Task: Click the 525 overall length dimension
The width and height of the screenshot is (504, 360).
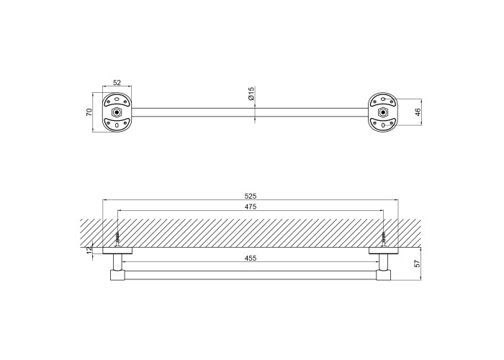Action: click(x=251, y=196)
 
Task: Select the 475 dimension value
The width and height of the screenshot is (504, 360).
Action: click(x=251, y=207)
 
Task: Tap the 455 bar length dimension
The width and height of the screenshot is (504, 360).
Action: click(x=251, y=258)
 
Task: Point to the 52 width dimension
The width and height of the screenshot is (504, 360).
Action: click(x=117, y=83)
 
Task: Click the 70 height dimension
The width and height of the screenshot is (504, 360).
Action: click(x=89, y=112)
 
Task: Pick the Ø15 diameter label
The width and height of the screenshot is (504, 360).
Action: click(x=251, y=93)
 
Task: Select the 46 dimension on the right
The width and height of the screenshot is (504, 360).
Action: click(x=417, y=112)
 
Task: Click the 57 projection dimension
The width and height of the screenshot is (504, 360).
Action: click(x=417, y=264)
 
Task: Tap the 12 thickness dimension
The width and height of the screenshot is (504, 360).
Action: click(x=89, y=249)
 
